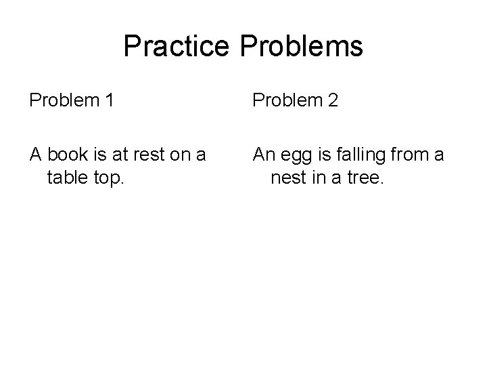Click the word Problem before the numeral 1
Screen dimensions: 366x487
click(64, 101)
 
